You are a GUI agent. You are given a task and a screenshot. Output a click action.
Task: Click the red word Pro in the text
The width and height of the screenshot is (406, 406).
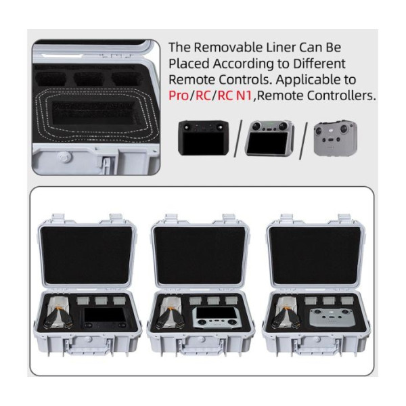(179, 95)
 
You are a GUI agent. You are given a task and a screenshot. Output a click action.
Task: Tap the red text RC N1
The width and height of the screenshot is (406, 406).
(235, 95)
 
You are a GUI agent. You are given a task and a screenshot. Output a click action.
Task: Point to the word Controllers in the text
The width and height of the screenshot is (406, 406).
(341, 95)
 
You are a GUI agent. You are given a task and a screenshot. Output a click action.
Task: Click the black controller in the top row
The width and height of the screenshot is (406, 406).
(203, 138)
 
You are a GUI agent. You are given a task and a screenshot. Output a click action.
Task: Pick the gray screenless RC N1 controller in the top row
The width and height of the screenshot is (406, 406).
(336, 138)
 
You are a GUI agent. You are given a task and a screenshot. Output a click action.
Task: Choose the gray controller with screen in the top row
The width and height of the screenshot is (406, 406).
(269, 138)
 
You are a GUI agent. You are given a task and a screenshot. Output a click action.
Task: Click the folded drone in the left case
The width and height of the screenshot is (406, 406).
(58, 313)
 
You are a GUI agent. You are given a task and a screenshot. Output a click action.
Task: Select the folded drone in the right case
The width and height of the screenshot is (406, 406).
(286, 313)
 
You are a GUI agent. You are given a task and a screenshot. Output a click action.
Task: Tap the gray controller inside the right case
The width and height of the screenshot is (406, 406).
(331, 319)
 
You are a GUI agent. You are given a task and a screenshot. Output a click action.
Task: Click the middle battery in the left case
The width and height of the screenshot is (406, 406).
(101, 300)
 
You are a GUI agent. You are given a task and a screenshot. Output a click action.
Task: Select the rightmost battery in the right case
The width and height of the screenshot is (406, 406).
(347, 300)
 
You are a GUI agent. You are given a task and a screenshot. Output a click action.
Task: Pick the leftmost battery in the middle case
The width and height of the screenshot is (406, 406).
(196, 300)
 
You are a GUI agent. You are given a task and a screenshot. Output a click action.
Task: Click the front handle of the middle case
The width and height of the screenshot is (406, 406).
(201, 349)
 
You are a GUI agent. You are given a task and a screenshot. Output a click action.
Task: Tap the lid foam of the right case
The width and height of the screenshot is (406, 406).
(315, 255)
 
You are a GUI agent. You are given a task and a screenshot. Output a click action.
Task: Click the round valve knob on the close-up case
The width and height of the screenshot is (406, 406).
(64, 157)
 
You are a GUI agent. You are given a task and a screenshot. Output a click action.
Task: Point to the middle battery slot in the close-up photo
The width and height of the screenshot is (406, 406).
(89, 78)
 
